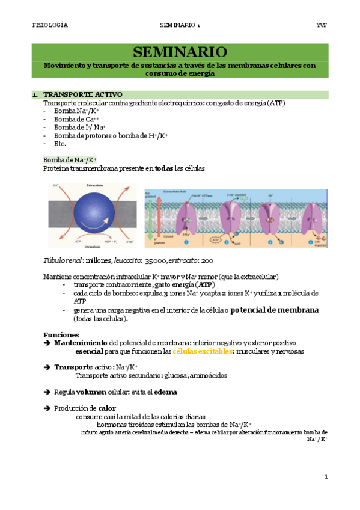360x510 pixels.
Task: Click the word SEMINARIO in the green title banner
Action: (180, 51)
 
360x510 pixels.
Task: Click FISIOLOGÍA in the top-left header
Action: (50, 25)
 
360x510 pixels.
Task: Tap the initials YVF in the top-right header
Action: (321, 25)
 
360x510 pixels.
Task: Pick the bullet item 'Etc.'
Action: (60, 144)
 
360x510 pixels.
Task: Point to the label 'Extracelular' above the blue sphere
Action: (96, 186)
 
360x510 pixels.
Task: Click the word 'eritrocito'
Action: (200, 261)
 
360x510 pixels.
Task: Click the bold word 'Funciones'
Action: (61, 334)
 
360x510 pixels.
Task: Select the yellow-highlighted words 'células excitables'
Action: (202, 351)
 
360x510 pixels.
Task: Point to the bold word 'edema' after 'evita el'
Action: (165, 392)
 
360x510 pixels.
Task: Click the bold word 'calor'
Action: (107, 408)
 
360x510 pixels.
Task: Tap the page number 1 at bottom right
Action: (325, 477)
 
